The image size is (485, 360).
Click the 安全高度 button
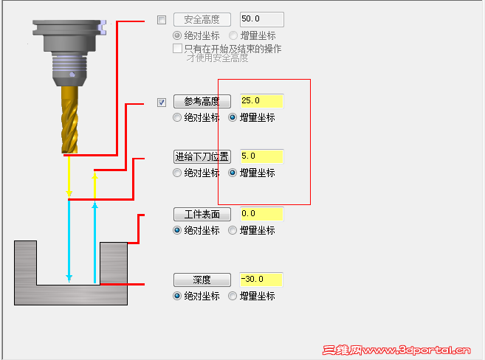pos(202,19)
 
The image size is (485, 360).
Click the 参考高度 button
pos(202,101)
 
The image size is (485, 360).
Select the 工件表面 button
pos(202,214)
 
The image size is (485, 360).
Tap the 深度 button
pos(202,280)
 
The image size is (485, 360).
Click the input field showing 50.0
pos(261,19)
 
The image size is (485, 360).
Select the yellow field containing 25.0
pos(261,101)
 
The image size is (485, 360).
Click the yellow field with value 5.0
pos(261,156)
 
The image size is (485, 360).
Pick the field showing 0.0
pos(261,214)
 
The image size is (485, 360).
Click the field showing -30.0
pos(261,280)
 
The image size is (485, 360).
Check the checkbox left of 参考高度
pos(162,102)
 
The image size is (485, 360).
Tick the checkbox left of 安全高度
pos(162,20)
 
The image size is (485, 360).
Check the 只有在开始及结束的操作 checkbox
pos(177,49)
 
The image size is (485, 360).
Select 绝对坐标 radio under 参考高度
pos(177,117)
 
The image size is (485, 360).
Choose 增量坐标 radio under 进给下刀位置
pos(233,173)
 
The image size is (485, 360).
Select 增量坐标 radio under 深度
pos(233,296)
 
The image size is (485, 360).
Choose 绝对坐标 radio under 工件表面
pos(177,230)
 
